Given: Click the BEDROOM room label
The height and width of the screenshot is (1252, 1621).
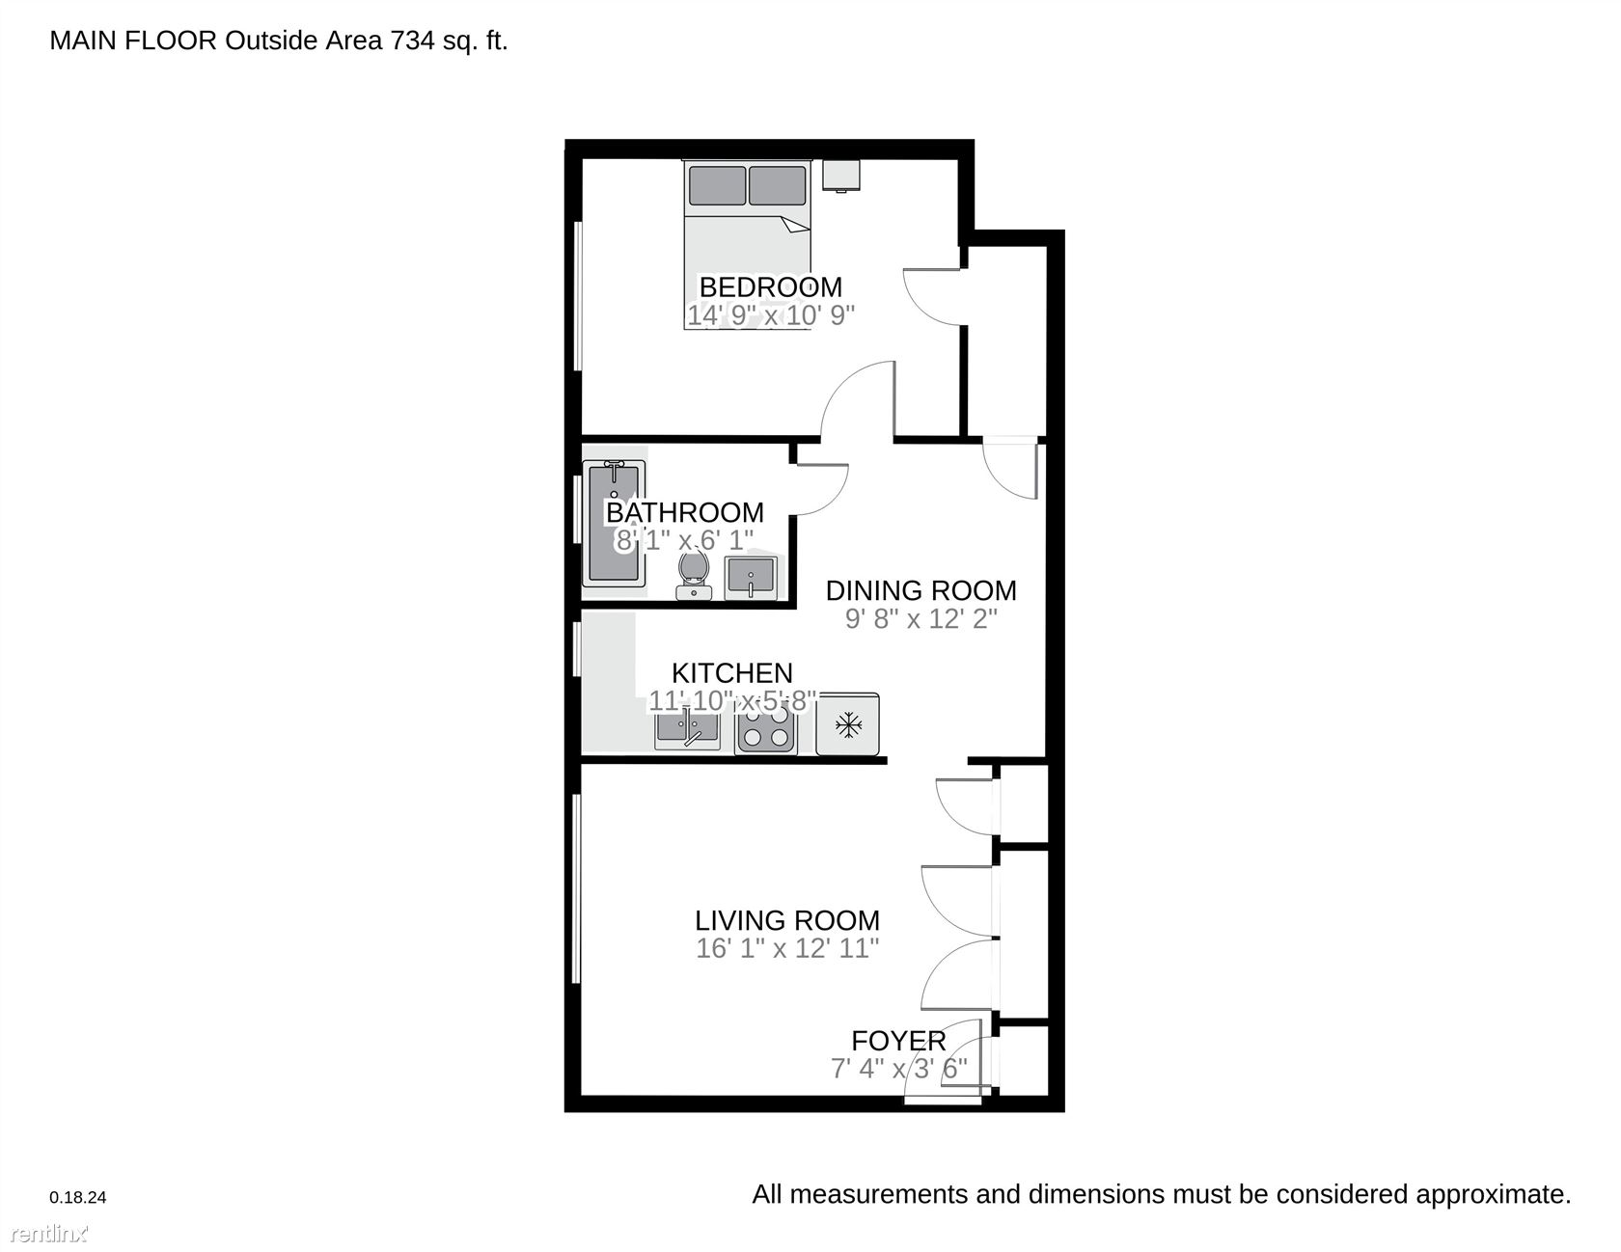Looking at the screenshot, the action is [x=770, y=286].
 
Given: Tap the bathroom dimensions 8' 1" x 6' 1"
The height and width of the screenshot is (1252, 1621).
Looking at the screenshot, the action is [x=684, y=540].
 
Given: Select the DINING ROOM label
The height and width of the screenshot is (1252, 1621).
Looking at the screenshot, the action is [x=920, y=590].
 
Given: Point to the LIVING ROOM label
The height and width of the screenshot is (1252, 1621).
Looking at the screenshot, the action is [x=787, y=920].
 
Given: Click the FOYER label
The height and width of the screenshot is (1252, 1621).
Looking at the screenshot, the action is [x=898, y=1041].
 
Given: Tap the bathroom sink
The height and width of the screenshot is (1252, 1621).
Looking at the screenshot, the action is [x=750, y=577].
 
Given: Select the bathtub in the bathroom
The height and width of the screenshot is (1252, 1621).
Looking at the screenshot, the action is [x=614, y=523].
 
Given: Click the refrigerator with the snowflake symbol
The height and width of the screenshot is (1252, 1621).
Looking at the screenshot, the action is [x=847, y=723].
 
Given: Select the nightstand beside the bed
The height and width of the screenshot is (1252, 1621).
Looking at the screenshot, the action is [x=840, y=176].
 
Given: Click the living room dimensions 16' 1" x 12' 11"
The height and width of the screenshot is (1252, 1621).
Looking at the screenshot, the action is [x=787, y=948].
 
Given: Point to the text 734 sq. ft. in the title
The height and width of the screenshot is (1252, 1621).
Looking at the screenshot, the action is [x=449, y=41].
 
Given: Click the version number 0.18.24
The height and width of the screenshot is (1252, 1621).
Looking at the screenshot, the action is [x=78, y=1197].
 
